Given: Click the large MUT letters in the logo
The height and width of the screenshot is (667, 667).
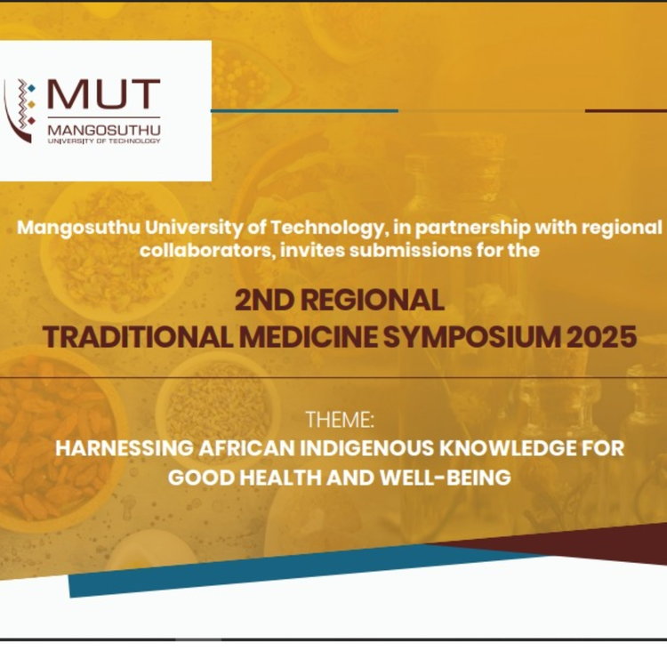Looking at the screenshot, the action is tap(103, 93).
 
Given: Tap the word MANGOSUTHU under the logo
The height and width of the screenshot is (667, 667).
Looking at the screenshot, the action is tap(104, 130).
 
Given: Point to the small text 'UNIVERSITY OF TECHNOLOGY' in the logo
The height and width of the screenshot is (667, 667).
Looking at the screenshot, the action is tap(104, 141).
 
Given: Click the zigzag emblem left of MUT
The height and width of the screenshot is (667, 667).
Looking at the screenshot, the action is tap(20, 110).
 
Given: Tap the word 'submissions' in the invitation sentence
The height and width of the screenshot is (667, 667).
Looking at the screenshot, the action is tap(411, 250).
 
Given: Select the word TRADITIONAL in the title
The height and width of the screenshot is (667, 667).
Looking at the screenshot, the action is tap(138, 337).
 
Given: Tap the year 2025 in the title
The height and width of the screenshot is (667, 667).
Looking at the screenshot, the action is tap(602, 337).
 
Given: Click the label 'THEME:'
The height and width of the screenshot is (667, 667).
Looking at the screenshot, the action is tap(340, 420).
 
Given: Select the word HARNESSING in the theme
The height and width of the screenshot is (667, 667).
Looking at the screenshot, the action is tap(124, 448).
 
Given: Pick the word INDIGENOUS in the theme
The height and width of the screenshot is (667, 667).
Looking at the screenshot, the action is tap(367, 448).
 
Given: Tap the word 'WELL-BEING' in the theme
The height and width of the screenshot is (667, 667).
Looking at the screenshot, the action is tap(445, 478).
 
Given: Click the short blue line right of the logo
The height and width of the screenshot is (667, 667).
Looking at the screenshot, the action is tap(304, 110).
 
